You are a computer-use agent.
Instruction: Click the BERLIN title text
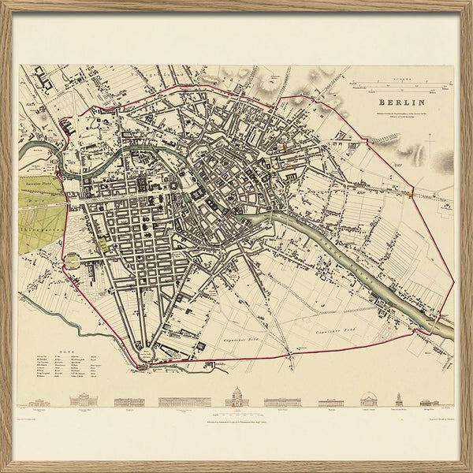(x=402, y=102)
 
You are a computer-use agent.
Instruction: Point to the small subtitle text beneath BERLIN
(x=401, y=115)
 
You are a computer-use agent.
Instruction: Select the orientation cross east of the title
(x=430, y=137)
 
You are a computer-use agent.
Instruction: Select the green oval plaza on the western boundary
(x=73, y=261)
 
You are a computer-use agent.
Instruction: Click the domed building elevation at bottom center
(x=236, y=398)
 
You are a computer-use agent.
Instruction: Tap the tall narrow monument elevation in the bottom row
(x=400, y=399)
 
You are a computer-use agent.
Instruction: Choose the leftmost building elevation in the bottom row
(x=40, y=402)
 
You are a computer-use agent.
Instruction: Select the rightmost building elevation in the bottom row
(x=430, y=402)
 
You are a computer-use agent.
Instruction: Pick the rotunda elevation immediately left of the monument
(x=368, y=400)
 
